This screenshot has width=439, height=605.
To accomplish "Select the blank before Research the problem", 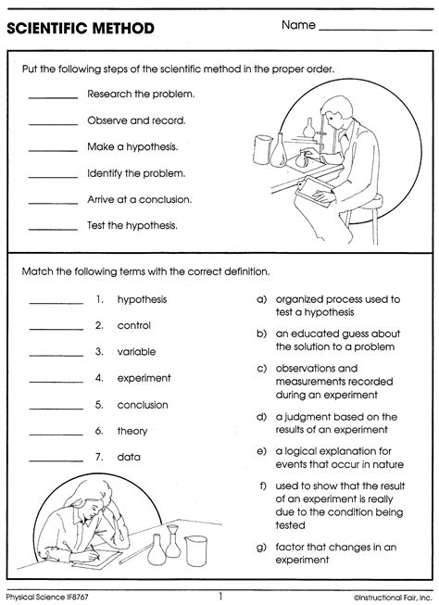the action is (x=53, y=97).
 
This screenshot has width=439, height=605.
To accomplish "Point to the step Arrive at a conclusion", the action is (x=140, y=198).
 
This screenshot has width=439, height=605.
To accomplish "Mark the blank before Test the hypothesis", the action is (x=53, y=227).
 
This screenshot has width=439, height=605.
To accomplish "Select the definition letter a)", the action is (x=262, y=299).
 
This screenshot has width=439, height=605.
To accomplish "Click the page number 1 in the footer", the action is (x=220, y=596).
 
